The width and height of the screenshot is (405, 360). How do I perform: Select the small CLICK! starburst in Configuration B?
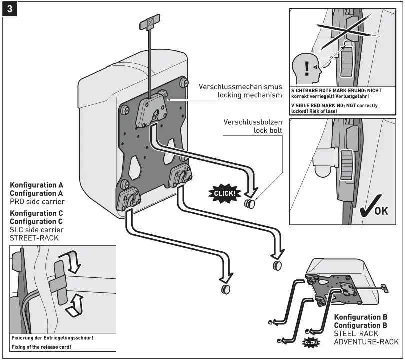tap(311, 342)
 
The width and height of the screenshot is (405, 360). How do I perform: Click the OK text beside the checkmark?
tap(381, 210)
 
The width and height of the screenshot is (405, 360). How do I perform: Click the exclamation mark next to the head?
tap(306, 68)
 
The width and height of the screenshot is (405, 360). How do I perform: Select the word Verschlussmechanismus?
tap(240, 86)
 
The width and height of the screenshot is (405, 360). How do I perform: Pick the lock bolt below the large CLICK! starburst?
tap(249, 204)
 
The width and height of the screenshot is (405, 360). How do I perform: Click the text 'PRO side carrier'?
tap(37, 201)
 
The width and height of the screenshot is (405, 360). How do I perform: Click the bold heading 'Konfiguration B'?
tap(361, 317)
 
